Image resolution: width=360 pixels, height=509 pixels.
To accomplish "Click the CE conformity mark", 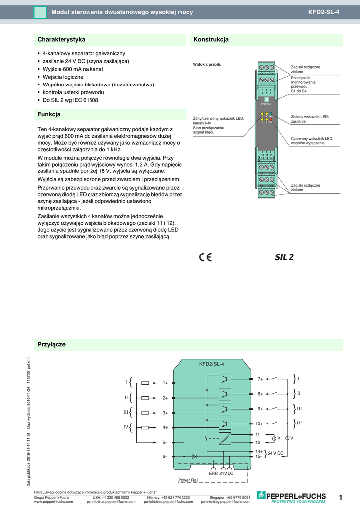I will pos(205,257).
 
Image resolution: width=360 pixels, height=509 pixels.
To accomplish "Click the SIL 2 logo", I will pos(284,257).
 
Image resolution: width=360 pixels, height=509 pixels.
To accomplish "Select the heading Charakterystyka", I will pos(61,39).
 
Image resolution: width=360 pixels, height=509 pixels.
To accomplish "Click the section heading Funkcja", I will pos(49,114).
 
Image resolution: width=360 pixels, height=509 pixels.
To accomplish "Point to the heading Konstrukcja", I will pos(211,39).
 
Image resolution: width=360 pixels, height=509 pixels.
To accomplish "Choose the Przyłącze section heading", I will pos(51,344).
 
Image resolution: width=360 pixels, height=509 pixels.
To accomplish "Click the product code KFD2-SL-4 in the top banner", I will pos(324,12).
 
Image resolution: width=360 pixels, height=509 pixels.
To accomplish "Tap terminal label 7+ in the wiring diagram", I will pos(260,379).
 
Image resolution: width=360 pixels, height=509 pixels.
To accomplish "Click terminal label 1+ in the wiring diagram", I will pos(165,383).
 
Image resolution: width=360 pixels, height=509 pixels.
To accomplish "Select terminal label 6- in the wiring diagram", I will pos(164,456).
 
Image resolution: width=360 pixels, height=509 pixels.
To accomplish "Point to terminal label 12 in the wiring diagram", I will pos(258,442).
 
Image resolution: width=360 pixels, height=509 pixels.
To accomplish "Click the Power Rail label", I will pos(188,480).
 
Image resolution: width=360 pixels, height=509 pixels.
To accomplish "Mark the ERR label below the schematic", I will pos(213,473).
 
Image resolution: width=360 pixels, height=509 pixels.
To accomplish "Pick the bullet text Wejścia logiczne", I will pos(63,77).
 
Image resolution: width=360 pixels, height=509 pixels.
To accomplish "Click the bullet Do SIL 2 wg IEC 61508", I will pos(70,100).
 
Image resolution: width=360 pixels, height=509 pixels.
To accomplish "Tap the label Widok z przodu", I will pos(207,64).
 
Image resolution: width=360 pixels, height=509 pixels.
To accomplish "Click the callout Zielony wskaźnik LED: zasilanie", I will pos(310,119).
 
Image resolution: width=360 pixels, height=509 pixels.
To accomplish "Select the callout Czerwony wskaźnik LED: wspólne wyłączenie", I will pos(312,141).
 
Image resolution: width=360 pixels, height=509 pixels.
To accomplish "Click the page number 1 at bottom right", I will pos(341,497).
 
